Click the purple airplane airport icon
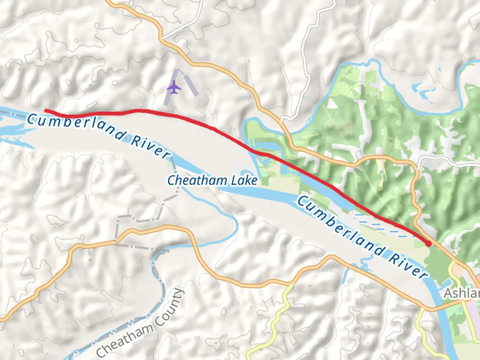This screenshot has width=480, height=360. (x=174, y=87)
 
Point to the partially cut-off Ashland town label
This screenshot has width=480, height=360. (x=462, y=293)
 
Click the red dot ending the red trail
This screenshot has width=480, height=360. (x=428, y=244)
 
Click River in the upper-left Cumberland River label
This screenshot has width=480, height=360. (x=151, y=146)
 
